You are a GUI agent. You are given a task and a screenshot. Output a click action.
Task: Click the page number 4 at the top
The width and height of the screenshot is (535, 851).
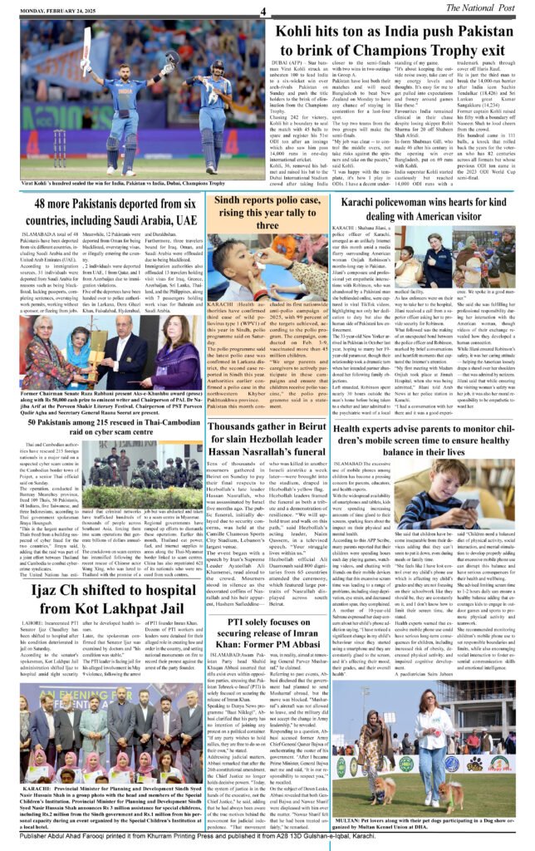coord(263,11)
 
